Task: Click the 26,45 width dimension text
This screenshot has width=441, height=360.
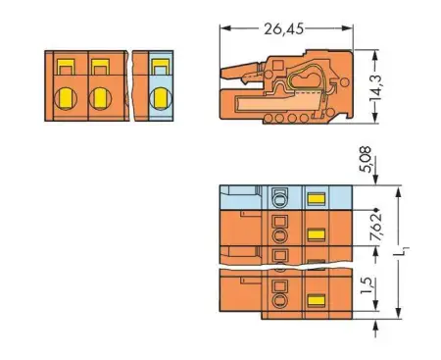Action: [x=283, y=30]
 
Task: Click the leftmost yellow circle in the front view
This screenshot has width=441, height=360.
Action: [x=67, y=98]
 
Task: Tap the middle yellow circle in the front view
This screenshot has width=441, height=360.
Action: [x=100, y=98]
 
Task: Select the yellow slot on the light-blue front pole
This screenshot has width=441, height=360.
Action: [x=160, y=68]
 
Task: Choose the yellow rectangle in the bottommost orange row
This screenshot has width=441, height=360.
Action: [x=316, y=299]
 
